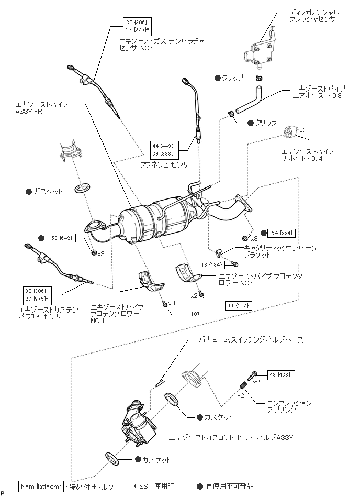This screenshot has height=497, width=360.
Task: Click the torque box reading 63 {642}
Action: [62, 238]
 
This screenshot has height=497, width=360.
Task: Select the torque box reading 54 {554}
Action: [281, 233]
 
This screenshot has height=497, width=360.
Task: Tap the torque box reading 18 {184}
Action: [211, 264]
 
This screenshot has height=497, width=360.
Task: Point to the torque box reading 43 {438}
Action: [281, 375]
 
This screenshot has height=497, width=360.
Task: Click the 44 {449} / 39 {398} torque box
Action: [164, 150]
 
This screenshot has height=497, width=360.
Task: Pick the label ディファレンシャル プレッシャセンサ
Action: [314, 16]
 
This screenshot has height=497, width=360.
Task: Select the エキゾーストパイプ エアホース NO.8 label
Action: [319, 92]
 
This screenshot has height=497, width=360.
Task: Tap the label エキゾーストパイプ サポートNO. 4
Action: [308, 154]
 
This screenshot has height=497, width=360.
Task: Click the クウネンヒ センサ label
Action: [164, 164]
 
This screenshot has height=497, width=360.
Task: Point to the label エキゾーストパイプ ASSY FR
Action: [41, 108]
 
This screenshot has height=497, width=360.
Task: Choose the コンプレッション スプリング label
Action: [289, 406]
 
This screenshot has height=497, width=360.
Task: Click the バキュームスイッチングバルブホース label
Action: [251, 340]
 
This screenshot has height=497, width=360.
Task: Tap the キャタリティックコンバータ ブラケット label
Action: [280, 251]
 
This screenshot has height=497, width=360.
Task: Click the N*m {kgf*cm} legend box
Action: [40, 487]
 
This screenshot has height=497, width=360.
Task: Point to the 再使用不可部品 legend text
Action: [230, 486]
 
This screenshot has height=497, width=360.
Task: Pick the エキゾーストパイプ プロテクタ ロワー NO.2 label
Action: [260, 280]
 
